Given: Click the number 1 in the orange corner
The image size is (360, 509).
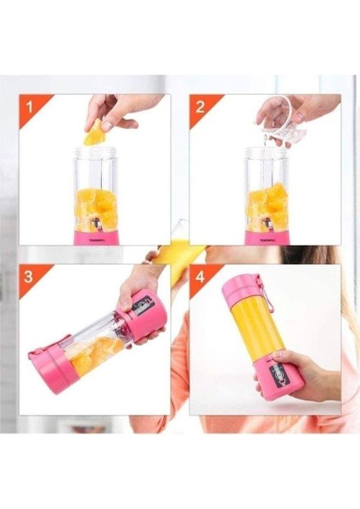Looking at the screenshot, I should (x=31, y=109).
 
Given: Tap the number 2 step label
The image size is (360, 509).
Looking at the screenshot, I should (x=200, y=109).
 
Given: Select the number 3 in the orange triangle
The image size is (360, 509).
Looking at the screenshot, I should (x=30, y=277).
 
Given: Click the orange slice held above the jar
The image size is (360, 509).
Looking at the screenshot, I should (x=96, y=132).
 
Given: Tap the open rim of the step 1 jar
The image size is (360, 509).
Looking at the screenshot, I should (x=101, y=154).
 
